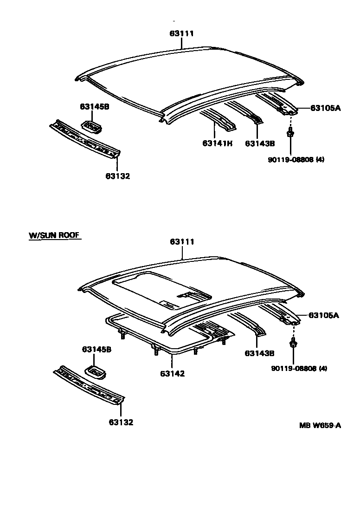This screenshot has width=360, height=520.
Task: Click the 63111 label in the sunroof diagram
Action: coord(182,242)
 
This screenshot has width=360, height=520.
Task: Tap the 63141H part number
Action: coord(217,143)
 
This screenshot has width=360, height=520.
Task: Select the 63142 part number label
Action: coord(172,373)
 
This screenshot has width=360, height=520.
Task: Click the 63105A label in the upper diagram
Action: coord(325,108)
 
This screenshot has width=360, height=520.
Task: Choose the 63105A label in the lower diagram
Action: coord(324,316)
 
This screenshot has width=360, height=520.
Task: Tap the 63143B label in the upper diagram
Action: coord(260,143)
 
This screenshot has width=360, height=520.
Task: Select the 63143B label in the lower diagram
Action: coord(259,353)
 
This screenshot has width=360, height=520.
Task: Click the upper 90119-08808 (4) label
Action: coord(296,160)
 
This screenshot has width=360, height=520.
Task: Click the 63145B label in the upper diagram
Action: coord(94,106)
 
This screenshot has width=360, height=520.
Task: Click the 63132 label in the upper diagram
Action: coord(117,176)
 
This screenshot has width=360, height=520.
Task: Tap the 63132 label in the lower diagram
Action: coord(121,422)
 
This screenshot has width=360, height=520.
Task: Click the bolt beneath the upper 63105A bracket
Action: coord(290,134)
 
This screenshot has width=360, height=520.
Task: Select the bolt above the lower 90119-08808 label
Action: coord(293,344)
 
